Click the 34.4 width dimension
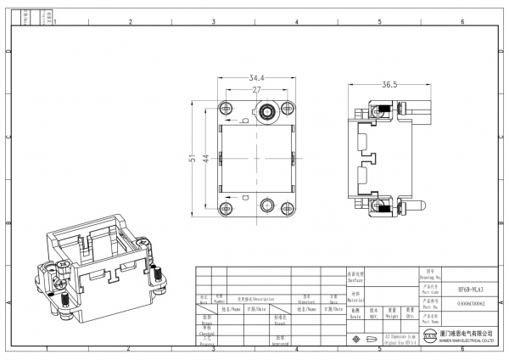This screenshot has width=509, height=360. pyautogui.click(x=255, y=78)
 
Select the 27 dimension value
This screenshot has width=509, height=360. pyautogui.click(x=255, y=87)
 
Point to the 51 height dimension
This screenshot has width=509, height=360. pyautogui.click(x=193, y=158)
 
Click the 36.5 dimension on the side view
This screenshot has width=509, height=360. pyautogui.click(x=389, y=85)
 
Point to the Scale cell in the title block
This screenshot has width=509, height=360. pyautogui.click(x=354, y=313)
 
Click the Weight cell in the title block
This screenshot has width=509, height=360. pyautogui.click(x=392, y=313)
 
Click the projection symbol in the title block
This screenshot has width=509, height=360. pyautogui.click(x=366, y=339)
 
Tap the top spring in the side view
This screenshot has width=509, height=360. pyautogui.click(x=383, y=110)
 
